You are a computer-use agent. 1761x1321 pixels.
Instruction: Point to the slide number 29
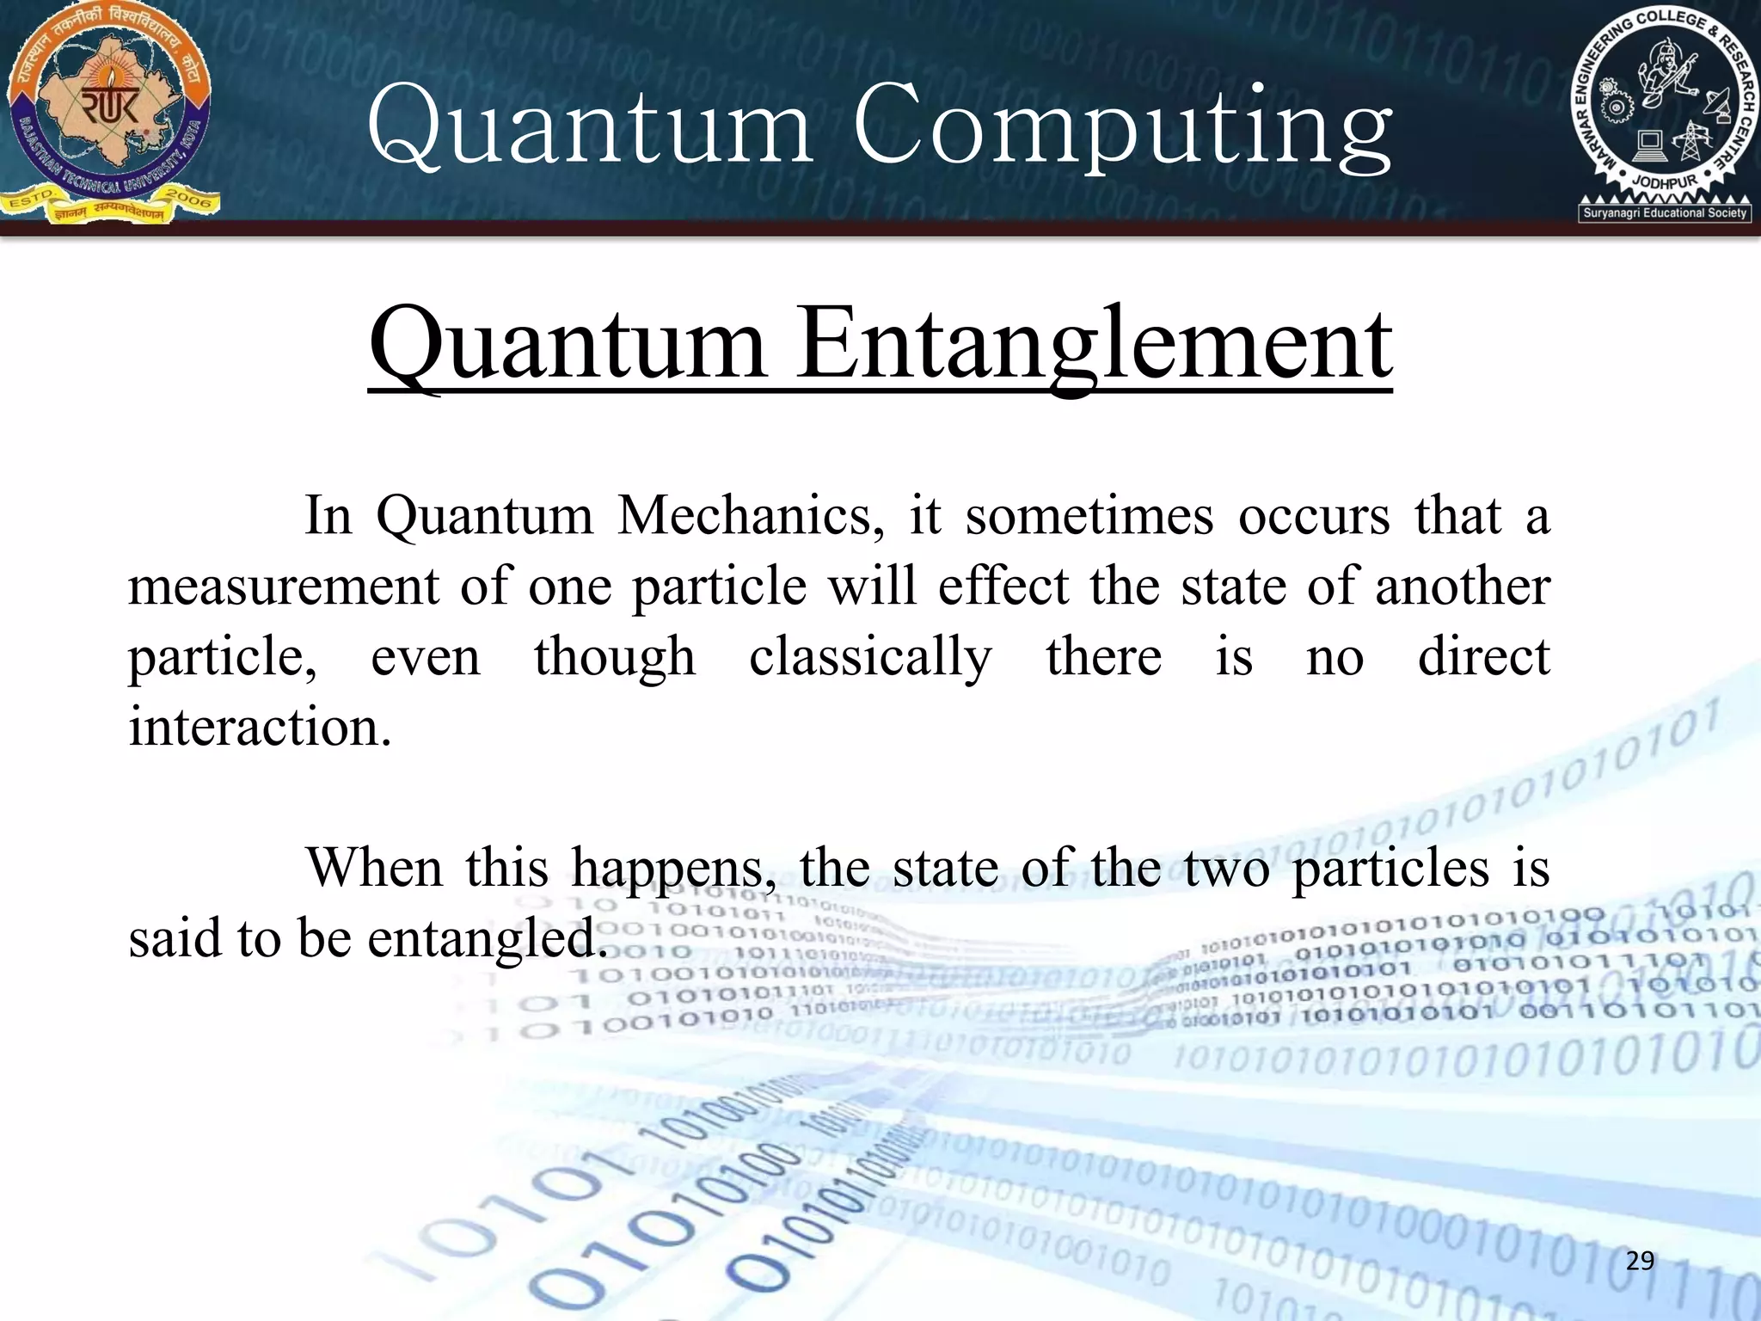pyautogui.click(x=1640, y=1261)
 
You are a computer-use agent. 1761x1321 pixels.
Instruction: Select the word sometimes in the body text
pyautogui.click(x=1089, y=516)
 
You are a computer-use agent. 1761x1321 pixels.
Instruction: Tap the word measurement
pyautogui.click(x=284, y=587)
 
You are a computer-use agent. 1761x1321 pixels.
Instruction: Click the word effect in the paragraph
pyautogui.click(x=1003, y=587)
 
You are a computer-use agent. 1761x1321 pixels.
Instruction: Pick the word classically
pyautogui.click(x=870, y=657)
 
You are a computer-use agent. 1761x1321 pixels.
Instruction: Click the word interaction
pyautogui.click(x=260, y=728)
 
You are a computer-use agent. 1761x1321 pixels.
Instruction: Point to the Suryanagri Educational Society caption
pyautogui.click(x=1665, y=212)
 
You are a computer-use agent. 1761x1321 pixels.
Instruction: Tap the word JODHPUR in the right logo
pyautogui.click(x=1665, y=183)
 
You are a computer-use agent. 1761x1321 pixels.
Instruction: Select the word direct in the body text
pyautogui.click(x=1483, y=657)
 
